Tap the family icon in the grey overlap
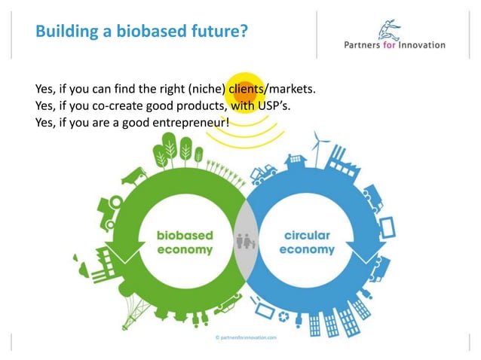[246, 242]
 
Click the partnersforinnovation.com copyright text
[247, 338]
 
